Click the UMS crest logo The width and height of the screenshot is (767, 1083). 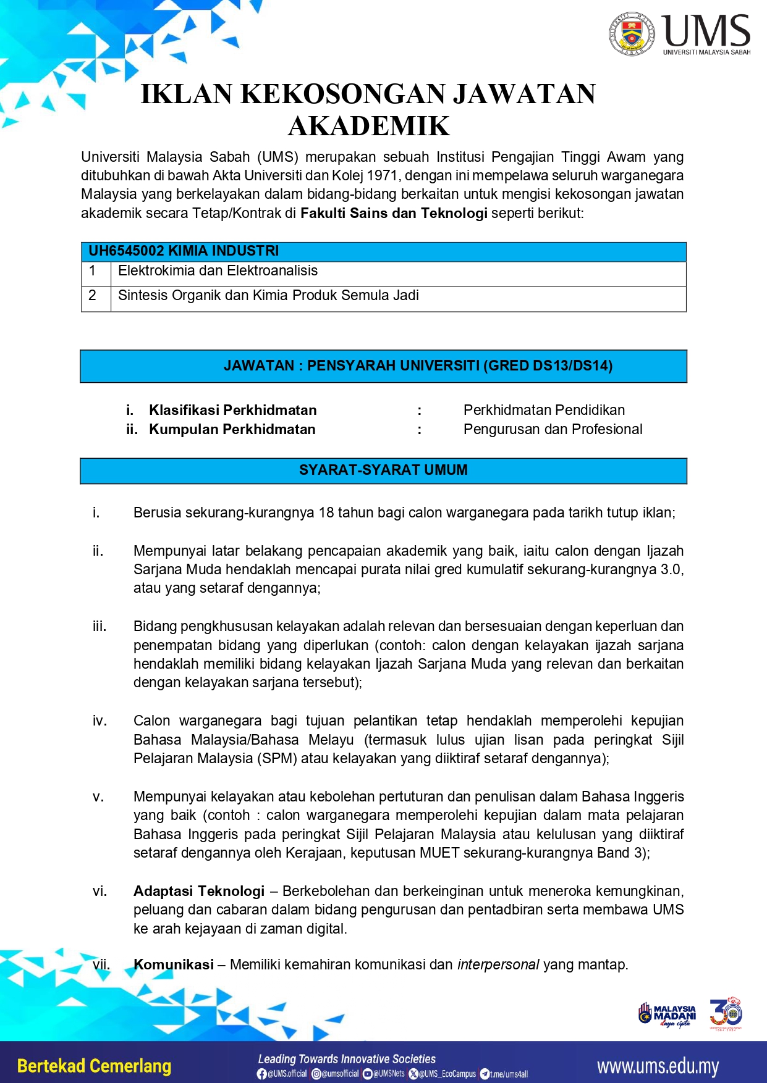(x=631, y=33)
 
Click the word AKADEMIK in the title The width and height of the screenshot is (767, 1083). (x=369, y=126)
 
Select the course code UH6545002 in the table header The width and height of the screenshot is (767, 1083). (x=126, y=251)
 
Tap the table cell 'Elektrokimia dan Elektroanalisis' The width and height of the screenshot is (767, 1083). (x=218, y=271)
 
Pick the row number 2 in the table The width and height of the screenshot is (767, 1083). (x=93, y=296)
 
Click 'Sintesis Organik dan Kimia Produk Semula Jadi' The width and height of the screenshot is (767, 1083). (x=268, y=296)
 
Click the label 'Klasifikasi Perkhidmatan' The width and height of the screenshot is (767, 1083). (x=232, y=410)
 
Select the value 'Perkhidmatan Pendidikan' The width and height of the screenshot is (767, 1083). (x=544, y=410)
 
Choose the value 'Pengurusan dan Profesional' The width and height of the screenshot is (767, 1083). (x=553, y=429)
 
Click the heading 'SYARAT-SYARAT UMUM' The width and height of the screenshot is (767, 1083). (x=383, y=470)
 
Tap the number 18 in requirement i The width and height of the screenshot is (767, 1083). (x=326, y=512)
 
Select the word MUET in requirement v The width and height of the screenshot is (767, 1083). (x=439, y=853)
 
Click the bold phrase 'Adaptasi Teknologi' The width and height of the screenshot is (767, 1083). (x=199, y=891)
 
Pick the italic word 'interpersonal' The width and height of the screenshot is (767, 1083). (x=498, y=964)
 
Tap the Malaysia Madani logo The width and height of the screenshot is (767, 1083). (x=667, y=1015)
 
